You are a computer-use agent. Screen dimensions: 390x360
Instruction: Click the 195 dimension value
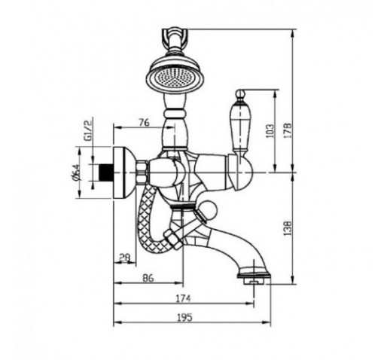click(184, 318)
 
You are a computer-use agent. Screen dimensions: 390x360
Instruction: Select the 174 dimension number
click(183, 299)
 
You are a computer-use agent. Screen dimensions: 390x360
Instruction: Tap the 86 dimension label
click(148, 278)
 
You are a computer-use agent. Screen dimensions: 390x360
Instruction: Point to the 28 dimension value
click(125, 258)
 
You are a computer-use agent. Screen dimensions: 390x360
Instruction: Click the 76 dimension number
click(145, 123)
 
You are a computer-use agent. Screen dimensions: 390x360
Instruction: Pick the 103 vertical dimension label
click(269, 130)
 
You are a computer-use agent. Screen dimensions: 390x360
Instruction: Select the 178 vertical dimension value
click(288, 130)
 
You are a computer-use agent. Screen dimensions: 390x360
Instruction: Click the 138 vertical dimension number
click(288, 228)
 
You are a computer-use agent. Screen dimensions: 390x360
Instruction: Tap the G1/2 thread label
click(88, 130)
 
